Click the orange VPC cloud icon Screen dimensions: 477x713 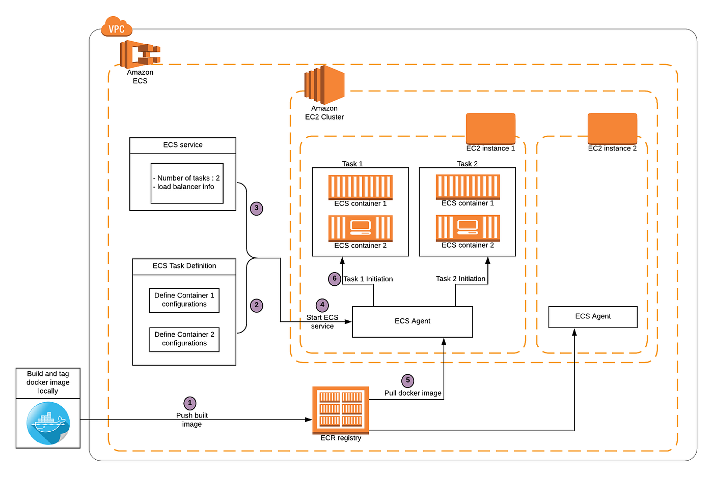(x=117, y=27)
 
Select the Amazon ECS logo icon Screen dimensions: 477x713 (x=140, y=54)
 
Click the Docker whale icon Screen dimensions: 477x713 (x=48, y=423)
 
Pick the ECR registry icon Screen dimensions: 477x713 (x=340, y=409)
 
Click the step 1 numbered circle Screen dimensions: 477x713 (x=190, y=403)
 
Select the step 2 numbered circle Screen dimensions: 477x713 (x=257, y=305)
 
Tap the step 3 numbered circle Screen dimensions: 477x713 (x=257, y=208)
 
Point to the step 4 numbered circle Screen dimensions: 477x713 (x=322, y=305)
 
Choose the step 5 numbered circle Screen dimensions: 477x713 (x=407, y=380)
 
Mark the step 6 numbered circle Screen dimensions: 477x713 (x=334, y=279)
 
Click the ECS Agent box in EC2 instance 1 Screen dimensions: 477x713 (x=412, y=321)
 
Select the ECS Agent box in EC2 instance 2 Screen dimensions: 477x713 (x=592, y=317)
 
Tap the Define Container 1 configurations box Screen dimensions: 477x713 (x=184, y=300)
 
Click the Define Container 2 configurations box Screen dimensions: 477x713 (x=184, y=339)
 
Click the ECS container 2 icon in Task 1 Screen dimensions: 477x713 (x=360, y=228)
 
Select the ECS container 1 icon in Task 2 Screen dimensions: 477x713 (x=468, y=187)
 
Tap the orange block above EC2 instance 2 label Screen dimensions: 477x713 (x=612, y=128)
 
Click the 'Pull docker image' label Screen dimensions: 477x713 (x=413, y=393)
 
